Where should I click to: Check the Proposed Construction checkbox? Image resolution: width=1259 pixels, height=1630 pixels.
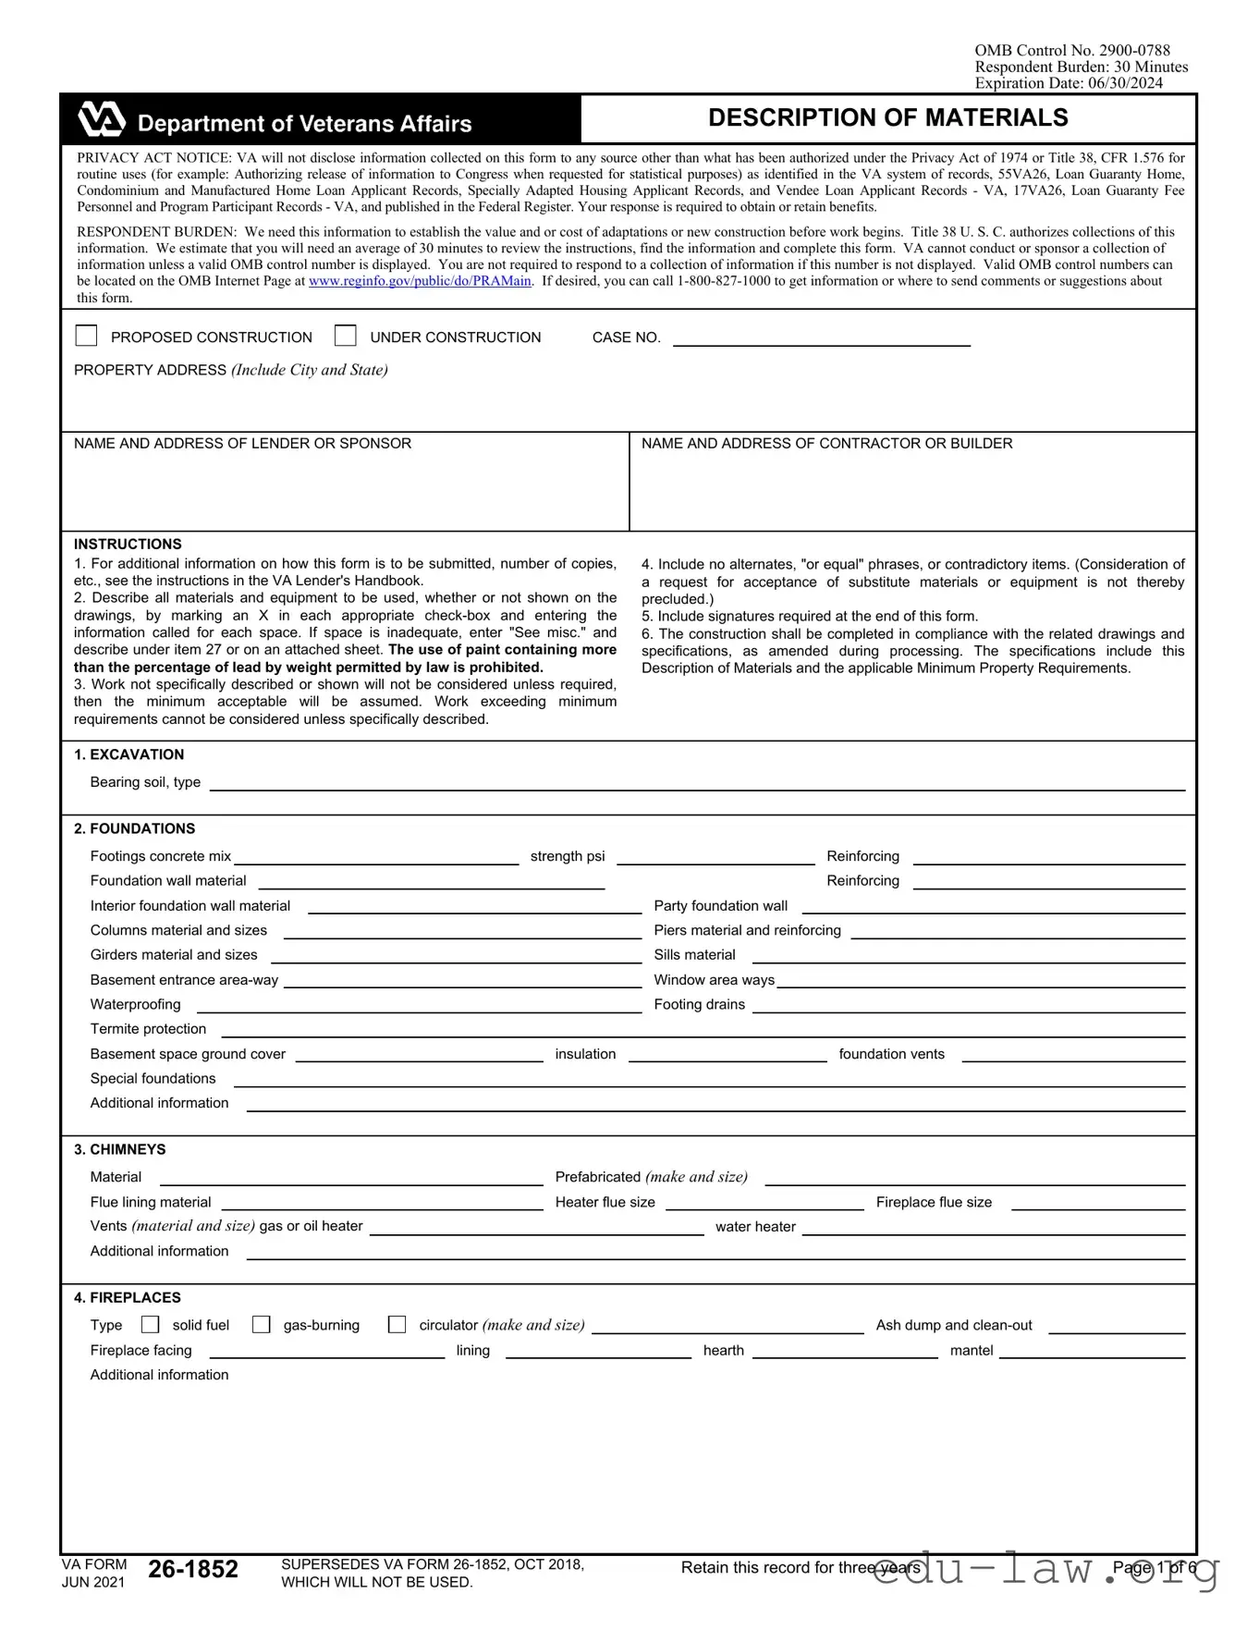pos(86,336)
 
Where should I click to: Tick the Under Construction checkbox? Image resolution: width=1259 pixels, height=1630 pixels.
pos(346,336)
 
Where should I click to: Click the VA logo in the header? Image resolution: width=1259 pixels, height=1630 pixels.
pos(101,120)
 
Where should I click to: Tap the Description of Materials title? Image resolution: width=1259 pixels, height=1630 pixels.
pos(887,118)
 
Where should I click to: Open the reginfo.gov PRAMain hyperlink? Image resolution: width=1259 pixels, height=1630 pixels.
pos(420,281)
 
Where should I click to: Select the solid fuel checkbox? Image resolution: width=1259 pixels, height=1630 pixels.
pos(151,1325)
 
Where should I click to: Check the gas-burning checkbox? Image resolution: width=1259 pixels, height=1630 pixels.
pos(262,1325)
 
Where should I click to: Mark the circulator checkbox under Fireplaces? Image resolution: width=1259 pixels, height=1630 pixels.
pos(397,1325)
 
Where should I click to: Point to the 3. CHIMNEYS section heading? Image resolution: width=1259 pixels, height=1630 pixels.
pos(120,1149)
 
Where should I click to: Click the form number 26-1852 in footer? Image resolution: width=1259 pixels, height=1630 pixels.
pos(193,1569)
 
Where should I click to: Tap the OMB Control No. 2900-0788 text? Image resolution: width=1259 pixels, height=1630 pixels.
pos(1072,51)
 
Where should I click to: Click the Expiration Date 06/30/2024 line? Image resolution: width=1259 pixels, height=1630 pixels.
pos(1069,83)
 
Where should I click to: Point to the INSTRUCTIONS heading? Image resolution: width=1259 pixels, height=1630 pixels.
pos(128,545)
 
